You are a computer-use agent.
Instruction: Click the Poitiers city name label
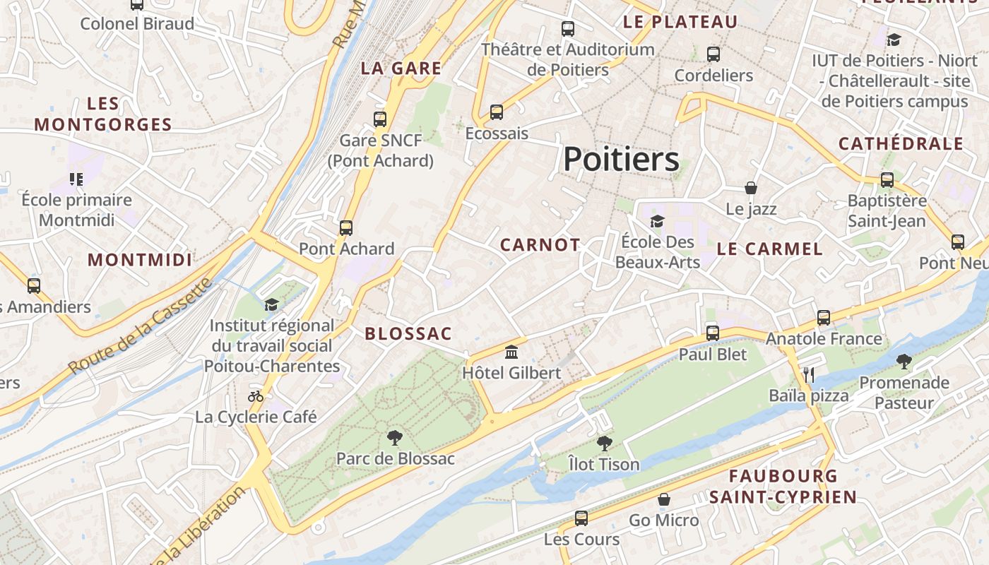(x=621, y=159)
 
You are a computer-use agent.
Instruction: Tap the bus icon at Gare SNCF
(x=380, y=119)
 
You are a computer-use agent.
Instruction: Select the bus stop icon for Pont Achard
(x=345, y=227)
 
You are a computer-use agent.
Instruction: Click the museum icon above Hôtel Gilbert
(x=511, y=352)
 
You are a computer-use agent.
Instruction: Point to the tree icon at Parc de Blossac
(x=395, y=438)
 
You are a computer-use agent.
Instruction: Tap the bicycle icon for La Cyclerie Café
(x=256, y=396)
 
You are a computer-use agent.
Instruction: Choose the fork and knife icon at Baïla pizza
(x=809, y=374)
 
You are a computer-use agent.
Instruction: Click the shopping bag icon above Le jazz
(x=751, y=188)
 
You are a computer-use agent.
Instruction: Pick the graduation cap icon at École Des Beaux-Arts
(x=657, y=221)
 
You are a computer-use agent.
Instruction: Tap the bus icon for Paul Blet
(x=712, y=333)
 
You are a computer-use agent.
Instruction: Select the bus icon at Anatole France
(x=824, y=318)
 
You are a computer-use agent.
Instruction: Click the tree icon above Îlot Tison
(x=604, y=444)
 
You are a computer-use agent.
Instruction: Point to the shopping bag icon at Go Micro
(x=663, y=499)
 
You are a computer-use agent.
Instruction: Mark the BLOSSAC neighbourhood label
(x=408, y=334)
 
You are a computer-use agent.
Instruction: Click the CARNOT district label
(x=540, y=245)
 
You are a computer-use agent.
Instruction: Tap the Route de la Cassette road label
(x=141, y=326)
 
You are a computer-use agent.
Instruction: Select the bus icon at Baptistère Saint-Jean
(x=887, y=180)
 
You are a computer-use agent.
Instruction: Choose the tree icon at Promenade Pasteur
(x=904, y=362)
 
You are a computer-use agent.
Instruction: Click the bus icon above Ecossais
(x=497, y=112)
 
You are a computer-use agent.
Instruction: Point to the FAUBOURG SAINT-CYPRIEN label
(x=783, y=486)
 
